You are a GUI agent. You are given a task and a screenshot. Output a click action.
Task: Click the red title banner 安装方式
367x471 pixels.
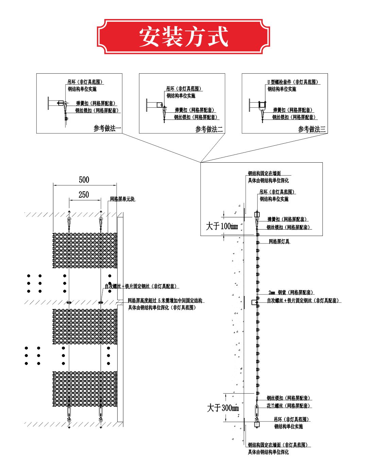click(183, 37)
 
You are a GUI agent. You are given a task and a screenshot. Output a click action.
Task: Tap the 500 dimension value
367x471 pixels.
click(84, 180)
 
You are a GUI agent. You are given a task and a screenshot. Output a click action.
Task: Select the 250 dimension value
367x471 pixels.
click(84, 195)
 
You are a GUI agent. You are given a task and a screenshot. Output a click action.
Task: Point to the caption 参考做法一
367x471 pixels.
click(107, 128)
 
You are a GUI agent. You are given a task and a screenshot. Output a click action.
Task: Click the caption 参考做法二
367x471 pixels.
click(209, 129)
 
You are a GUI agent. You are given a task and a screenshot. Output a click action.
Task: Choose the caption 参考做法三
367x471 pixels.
click(312, 129)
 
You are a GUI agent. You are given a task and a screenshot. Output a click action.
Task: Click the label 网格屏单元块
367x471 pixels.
click(122, 199)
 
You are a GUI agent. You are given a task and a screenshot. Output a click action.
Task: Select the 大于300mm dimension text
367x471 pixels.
click(223, 408)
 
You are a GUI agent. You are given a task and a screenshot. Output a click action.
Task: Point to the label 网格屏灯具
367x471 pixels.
click(279, 242)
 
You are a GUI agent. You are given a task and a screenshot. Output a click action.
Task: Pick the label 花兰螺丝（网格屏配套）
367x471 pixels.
click(288, 406)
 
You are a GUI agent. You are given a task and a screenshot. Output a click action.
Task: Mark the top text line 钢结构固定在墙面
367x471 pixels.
click(264, 173)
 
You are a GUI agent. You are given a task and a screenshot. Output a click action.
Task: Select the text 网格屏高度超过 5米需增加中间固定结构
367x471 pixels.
click(165, 301)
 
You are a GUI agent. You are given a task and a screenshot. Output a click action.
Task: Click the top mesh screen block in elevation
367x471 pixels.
click(85, 250)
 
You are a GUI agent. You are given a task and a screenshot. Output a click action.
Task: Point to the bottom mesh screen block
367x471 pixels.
click(85, 389)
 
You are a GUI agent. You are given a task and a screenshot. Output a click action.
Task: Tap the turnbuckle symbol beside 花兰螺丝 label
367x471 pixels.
click(257, 409)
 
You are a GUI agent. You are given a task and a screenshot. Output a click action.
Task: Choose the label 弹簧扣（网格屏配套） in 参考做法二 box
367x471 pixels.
click(195, 110)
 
